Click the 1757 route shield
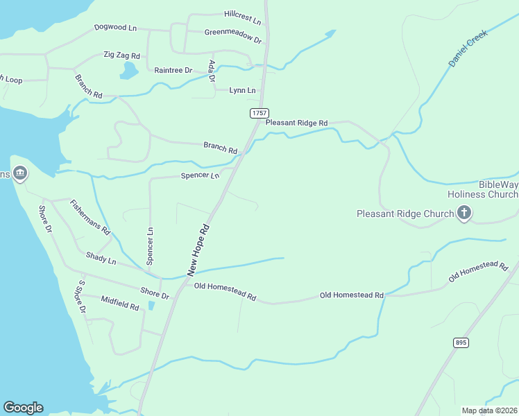click(259, 112)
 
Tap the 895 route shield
click(461, 343)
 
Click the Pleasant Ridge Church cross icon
click(464, 214)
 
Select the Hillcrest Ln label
click(242, 15)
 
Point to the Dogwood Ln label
click(116, 28)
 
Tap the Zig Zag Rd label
click(121, 55)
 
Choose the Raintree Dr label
click(173, 70)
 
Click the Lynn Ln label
click(242, 90)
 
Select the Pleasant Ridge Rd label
click(296, 123)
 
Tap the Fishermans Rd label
click(90, 216)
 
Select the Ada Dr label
click(212, 71)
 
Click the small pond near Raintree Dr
click(129, 70)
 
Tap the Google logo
click(23, 408)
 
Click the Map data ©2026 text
click(488, 410)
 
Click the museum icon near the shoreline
click(20, 173)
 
